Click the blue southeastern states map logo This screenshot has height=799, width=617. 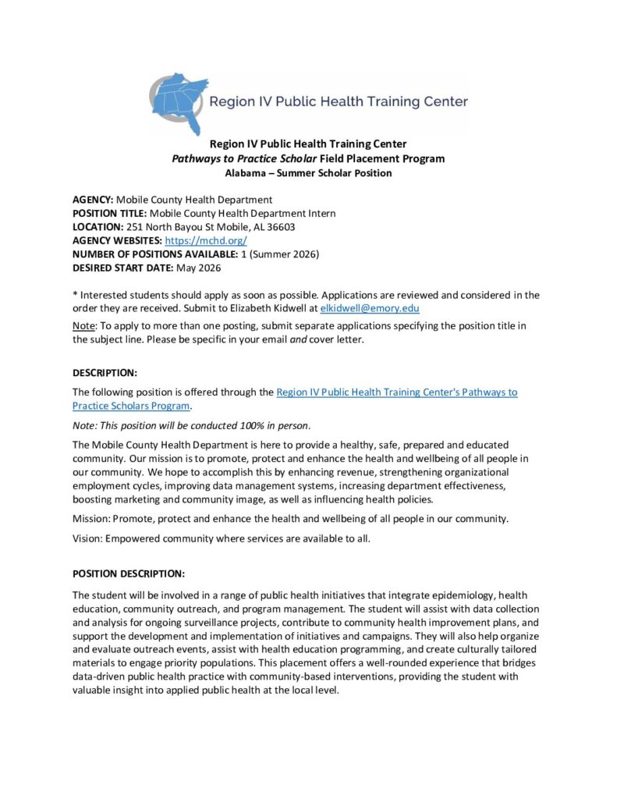coord(179,102)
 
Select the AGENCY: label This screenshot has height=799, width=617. coord(93,199)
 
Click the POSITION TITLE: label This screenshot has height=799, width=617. coord(109,213)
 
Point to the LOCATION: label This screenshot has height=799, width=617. coord(98,227)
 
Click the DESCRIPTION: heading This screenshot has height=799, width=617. coord(105,372)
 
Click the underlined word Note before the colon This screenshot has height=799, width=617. coord(83,325)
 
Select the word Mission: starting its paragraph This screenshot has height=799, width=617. coord(91,518)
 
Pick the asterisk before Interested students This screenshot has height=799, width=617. coord(75,294)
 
